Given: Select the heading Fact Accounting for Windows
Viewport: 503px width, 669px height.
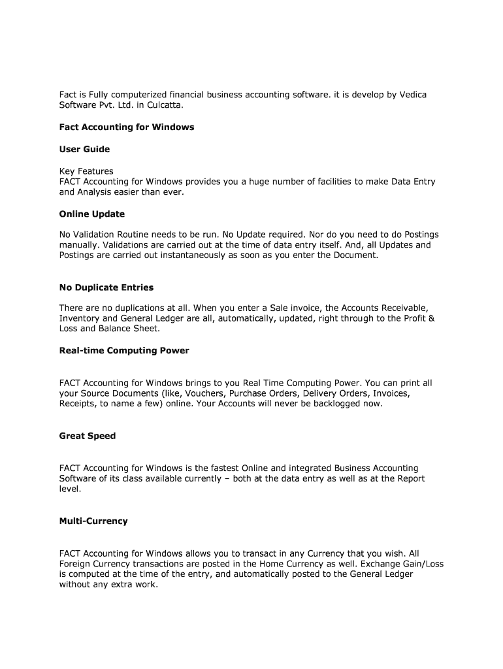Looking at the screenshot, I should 127,127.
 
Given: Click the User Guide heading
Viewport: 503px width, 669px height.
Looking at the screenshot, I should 84,149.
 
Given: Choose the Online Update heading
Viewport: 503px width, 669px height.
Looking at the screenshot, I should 91,214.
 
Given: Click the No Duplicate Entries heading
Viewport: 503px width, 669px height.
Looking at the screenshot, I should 106,287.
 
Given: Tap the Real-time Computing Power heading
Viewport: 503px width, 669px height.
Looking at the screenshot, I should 124,350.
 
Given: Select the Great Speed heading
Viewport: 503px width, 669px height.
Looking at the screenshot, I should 88,436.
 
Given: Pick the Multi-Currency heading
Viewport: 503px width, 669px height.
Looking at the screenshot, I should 93,521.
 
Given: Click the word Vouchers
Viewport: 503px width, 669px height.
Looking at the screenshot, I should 203,393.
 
